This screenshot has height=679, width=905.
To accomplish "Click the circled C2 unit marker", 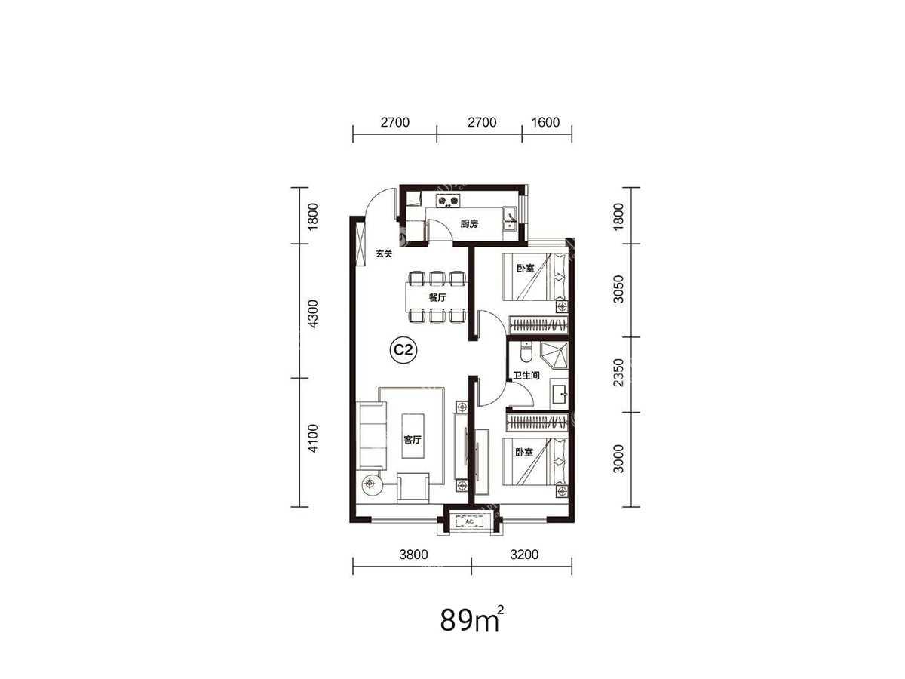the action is pos(403,350).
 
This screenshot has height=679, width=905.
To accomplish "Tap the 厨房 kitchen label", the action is pos(469,224).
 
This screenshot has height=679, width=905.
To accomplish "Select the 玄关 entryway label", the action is pos(383,253).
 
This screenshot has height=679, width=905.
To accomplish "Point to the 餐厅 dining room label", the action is pos(437,297).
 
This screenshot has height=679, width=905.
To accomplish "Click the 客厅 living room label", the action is pos(413,440).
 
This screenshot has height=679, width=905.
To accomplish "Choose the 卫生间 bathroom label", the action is pos(526,376).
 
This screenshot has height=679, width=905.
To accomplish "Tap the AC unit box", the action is pos(469,521).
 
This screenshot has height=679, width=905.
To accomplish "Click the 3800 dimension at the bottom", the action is pos(413,555).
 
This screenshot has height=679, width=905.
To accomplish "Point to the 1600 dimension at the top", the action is pos(545,122).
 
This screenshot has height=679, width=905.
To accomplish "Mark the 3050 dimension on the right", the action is pos(618,289).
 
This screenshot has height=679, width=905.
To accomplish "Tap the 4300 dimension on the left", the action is pos(313,314).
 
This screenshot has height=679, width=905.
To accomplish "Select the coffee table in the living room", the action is pos(413,436).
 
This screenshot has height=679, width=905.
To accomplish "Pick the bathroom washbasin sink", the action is pos(559,395).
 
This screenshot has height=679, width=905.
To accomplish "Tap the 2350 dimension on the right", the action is pos(618,373).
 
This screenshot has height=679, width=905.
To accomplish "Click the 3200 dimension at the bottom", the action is pos(524,555).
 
